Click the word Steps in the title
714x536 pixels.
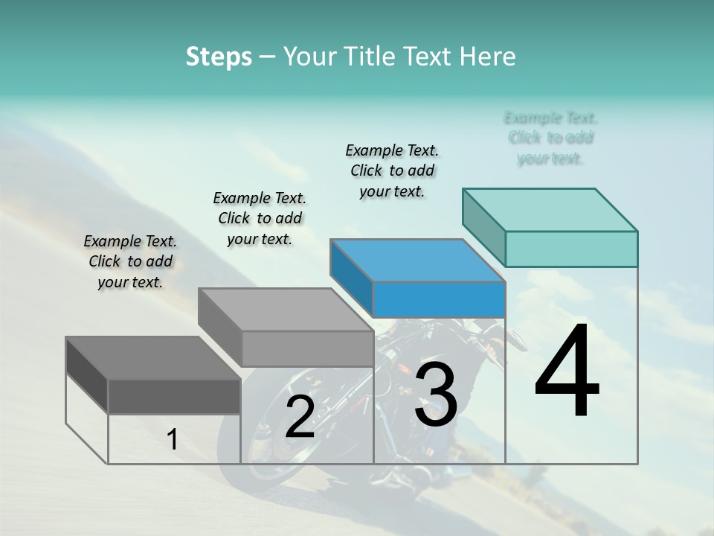tap(219, 57)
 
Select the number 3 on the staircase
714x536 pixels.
tap(436, 395)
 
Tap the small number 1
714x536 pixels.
tap(173, 440)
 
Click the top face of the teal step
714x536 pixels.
tap(550, 209)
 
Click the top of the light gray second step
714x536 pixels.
tap(286, 310)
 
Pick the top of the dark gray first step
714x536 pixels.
tap(153, 358)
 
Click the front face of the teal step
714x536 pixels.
tap(571, 249)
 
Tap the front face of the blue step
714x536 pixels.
tap(439, 300)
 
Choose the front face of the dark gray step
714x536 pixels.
tap(174, 396)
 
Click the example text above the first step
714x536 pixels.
tap(130, 261)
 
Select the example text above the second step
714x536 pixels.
tap(260, 218)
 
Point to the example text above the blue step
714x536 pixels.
tap(392, 170)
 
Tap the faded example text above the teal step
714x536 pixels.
tap(550, 138)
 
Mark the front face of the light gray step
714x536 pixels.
tap(307, 348)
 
